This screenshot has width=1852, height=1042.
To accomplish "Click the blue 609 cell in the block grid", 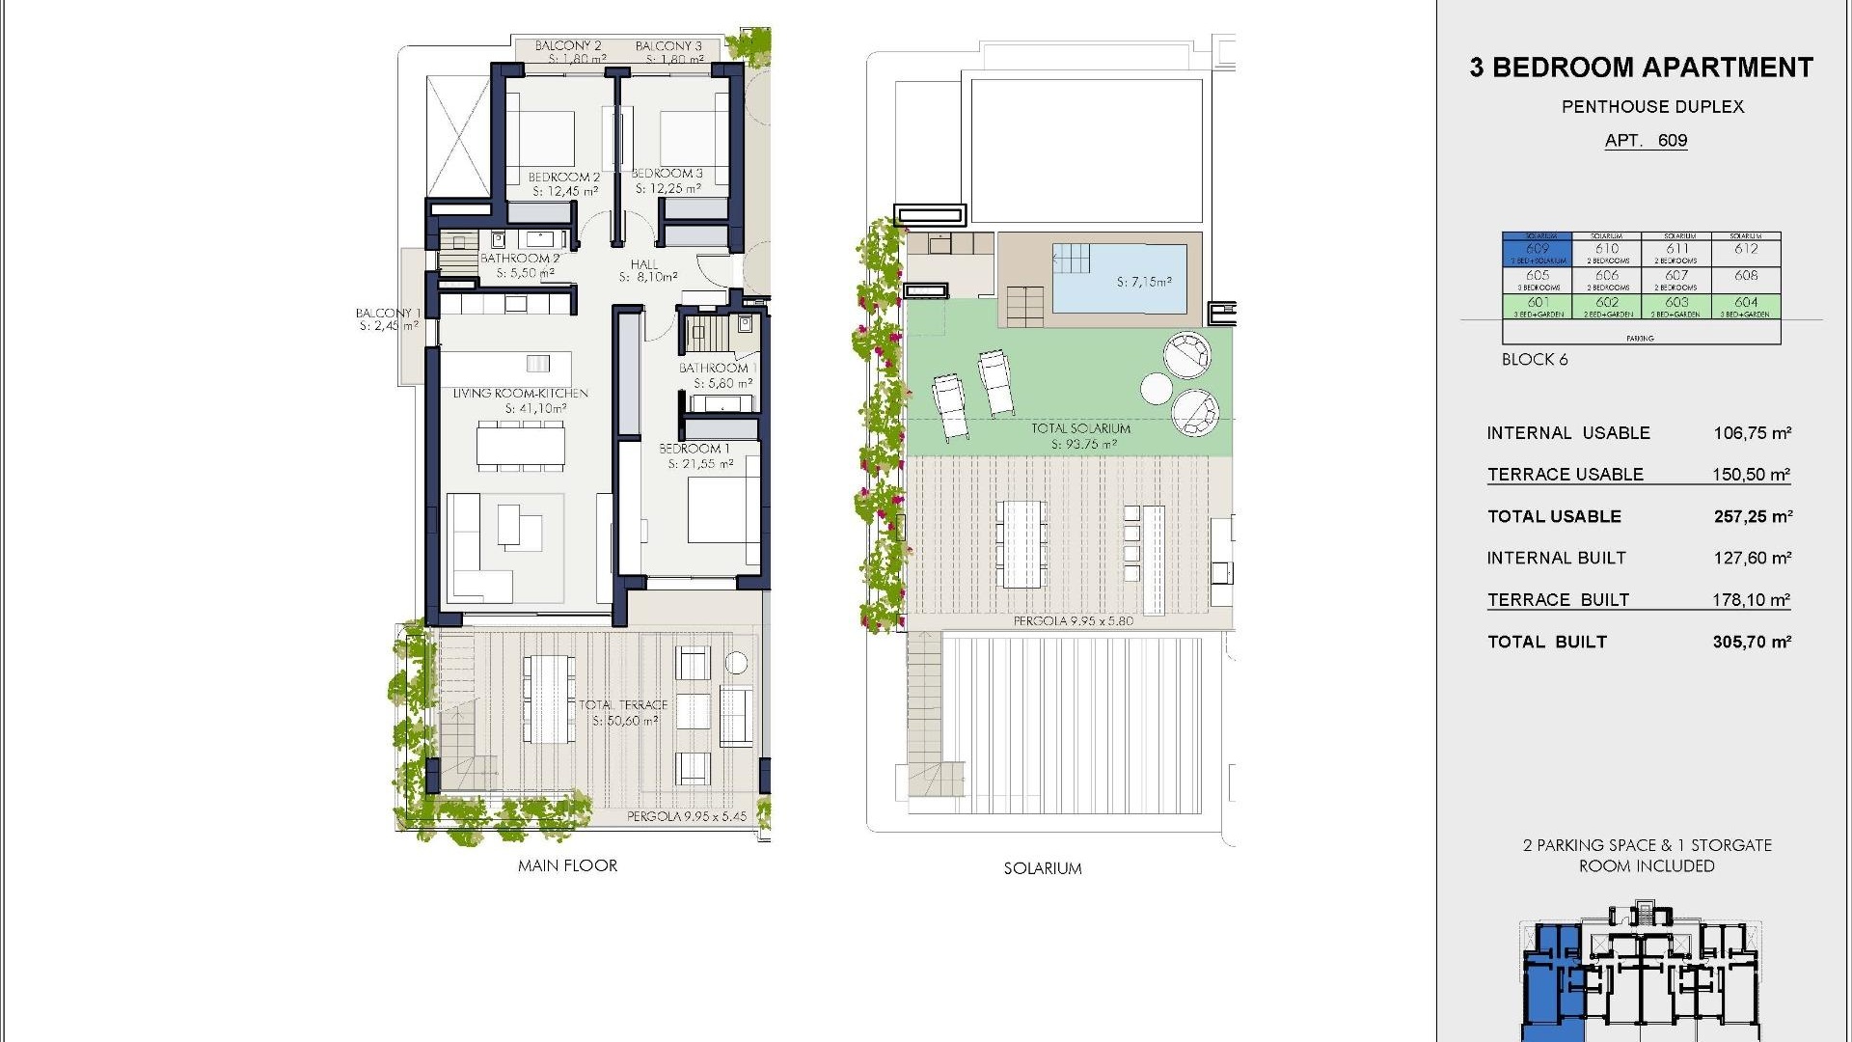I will (x=1537, y=251).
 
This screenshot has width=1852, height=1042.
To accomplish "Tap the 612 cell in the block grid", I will (x=1746, y=250).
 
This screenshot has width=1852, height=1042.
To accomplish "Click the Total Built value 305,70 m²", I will (x=1752, y=642).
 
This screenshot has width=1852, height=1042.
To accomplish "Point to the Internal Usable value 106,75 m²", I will (x=1752, y=433).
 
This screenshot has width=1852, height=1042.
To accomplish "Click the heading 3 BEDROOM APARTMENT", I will (x=1641, y=68).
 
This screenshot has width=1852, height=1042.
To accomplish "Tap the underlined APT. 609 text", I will (x=1646, y=141).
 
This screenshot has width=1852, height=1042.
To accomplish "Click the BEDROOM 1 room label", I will (x=694, y=449).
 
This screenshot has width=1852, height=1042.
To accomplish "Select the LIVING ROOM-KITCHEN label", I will (x=521, y=394).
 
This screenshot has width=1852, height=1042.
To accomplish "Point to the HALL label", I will (x=644, y=264).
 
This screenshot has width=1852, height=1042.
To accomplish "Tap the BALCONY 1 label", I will (x=388, y=314).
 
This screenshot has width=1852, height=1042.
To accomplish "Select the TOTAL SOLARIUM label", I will (x=1080, y=428).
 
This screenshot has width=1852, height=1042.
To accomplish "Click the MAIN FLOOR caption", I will (x=567, y=865).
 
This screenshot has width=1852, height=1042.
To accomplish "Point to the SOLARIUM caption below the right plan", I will (x=1043, y=868).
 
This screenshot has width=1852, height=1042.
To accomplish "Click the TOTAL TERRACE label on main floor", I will (x=623, y=705).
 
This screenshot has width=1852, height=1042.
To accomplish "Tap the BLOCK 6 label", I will (x=1535, y=360).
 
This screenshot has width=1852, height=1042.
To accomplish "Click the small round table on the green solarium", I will (x=1157, y=388).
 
